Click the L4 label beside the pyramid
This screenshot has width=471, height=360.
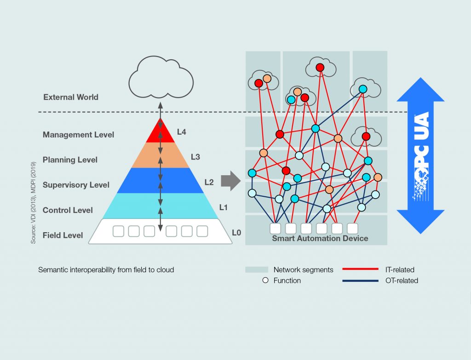[182, 132]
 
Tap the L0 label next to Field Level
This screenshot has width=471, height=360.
[236, 233]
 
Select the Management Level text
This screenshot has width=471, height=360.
[78, 135]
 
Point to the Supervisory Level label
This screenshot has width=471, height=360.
[76, 185]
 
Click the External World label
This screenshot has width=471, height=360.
[71, 97]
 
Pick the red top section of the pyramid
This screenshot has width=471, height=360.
[160, 132]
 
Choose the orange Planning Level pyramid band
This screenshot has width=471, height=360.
[160, 155]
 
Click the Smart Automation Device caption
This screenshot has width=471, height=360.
[320, 238]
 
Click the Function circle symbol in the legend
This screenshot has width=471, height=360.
[265, 280]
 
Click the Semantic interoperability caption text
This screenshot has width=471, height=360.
[106, 270]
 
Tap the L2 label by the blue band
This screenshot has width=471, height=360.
[209, 183]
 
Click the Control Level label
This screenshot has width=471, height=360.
[68, 210]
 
